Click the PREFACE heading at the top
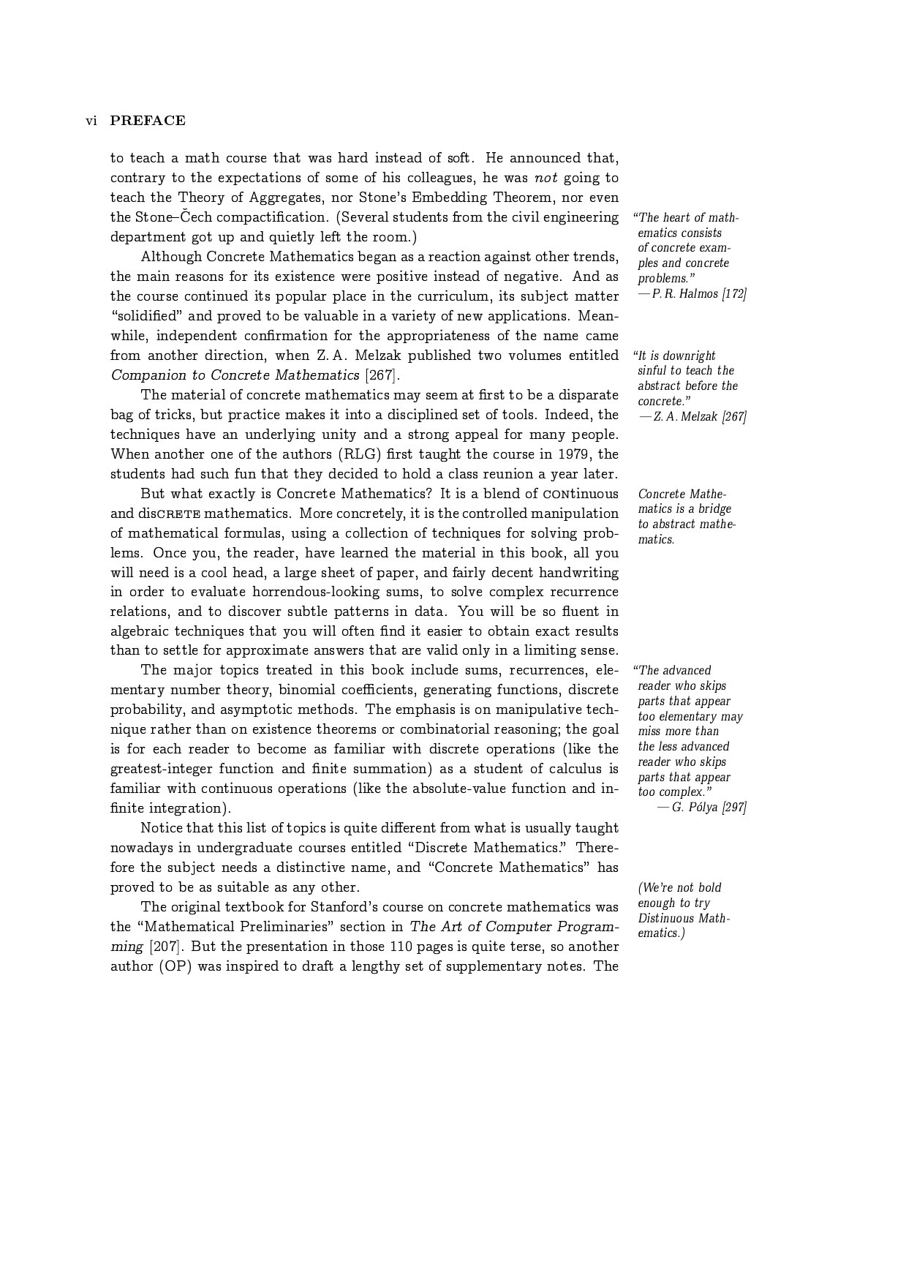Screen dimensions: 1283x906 coord(148,121)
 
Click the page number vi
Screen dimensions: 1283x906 coord(91,121)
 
